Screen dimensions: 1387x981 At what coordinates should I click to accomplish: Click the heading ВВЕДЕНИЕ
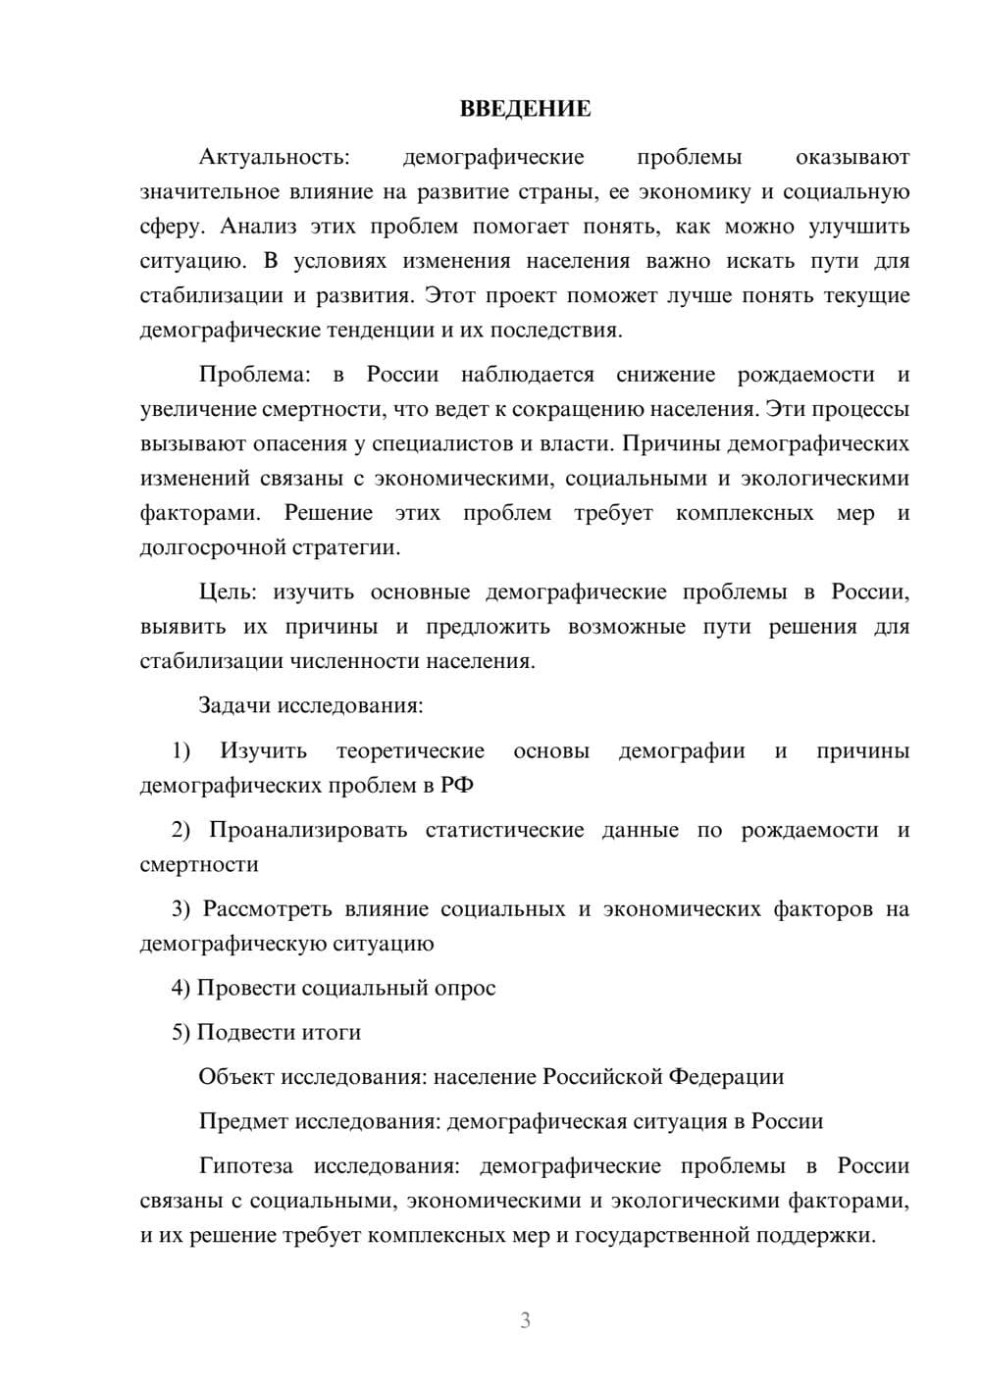(525, 109)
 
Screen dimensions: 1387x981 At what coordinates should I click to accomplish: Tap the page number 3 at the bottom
(525, 1320)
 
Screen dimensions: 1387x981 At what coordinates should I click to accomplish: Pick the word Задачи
(235, 705)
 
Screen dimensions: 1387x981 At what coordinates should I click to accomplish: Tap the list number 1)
(181, 751)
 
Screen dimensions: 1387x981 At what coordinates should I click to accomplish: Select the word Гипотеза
(245, 1166)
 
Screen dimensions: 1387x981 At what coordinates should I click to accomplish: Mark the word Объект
(236, 1077)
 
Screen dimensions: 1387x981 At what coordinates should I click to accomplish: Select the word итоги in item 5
(331, 1033)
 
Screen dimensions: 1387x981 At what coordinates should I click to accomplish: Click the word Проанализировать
(308, 831)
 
